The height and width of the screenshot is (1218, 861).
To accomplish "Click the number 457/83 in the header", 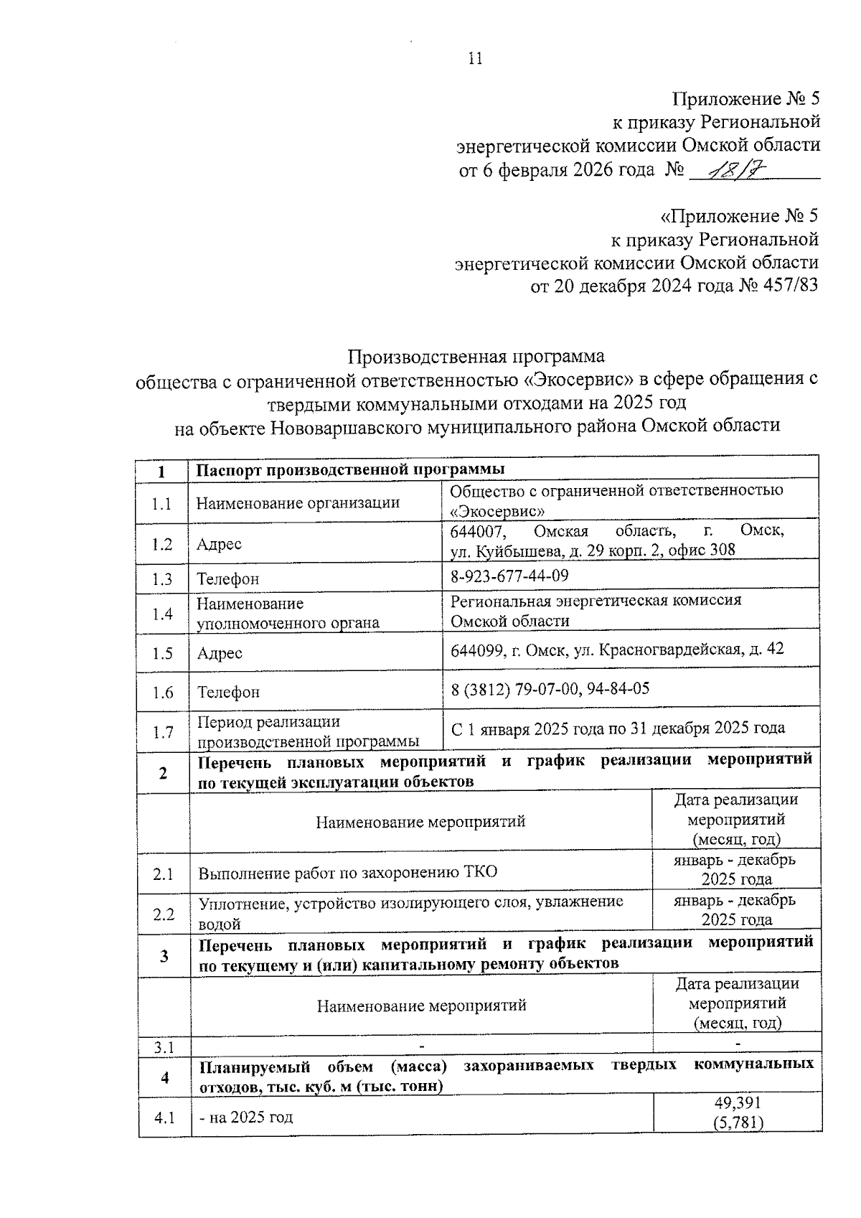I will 786,286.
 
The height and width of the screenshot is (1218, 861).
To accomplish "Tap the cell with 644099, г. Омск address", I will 617,650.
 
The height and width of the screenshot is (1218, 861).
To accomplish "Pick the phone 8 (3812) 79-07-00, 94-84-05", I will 550,689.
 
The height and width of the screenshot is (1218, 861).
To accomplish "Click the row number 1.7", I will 163,732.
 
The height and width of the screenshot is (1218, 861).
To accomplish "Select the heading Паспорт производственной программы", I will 351,469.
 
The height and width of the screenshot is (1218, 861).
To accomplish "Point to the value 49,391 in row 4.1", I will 738,1102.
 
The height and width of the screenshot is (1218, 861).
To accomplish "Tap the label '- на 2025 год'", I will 246,1117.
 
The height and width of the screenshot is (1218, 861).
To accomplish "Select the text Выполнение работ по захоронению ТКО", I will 348,873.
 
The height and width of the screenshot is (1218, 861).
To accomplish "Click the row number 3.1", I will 164,1047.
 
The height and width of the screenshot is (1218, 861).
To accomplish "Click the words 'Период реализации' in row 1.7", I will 269,722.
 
